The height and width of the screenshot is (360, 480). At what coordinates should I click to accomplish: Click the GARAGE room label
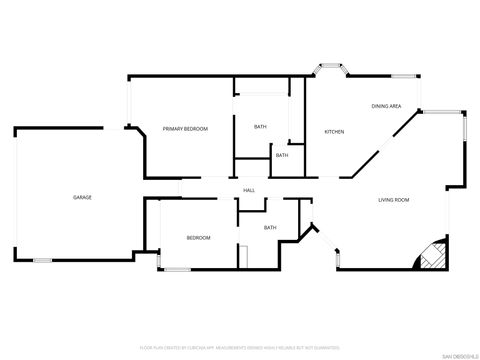click(82, 197)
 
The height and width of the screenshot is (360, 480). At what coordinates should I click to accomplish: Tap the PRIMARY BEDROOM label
click(185, 129)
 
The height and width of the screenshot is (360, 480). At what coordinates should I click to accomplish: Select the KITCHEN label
click(334, 132)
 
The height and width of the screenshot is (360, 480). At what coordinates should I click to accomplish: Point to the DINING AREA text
click(386, 106)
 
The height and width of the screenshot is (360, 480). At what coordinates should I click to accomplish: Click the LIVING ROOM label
click(393, 200)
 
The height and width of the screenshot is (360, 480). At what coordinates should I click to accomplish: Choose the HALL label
click(249, 190)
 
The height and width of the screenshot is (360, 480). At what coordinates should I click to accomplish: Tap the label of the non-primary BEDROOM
click(198, 237)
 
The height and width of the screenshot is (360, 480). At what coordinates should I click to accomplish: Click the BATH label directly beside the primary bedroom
click(260, 127)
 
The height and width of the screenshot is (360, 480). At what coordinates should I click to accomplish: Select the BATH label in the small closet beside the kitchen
click(282, 155)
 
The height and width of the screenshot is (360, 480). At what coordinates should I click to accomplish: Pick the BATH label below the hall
click(270, 228)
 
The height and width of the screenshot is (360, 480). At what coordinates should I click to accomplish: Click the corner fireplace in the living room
click(430, 257)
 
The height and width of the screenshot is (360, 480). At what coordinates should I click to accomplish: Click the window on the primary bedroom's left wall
click(128, 100)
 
